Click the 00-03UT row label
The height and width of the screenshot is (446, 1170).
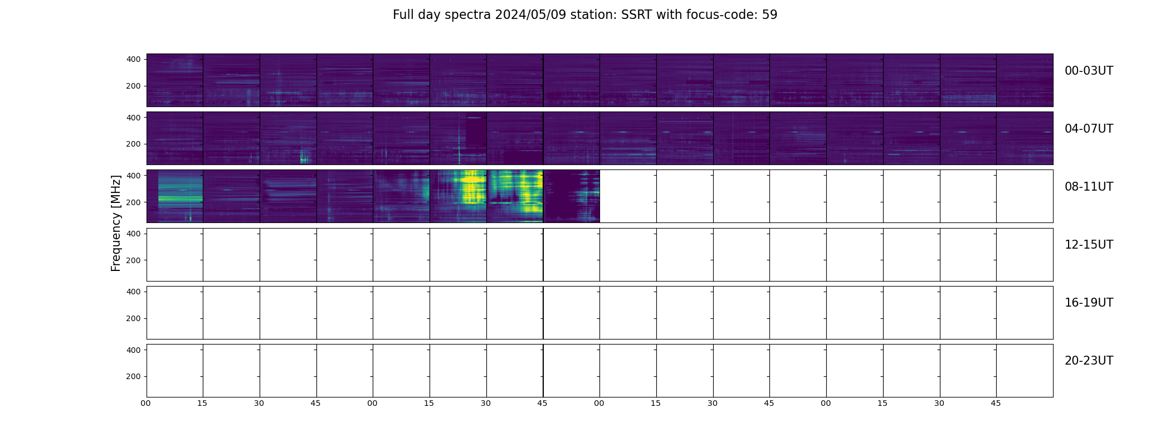[x=1089, y=71]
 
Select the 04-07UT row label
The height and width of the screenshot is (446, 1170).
[x=1089, y=129]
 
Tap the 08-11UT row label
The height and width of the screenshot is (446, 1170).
[x=1089, y=187]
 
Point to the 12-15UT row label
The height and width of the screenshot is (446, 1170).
[x=1089, y=245]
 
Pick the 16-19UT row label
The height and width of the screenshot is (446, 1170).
[x=1089, y=303]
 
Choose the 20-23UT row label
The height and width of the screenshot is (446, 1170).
[x=1089, y=361]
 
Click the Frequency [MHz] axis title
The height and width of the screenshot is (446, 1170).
[x=116, y=223]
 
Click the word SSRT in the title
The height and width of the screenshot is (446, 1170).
[x=637, y=15]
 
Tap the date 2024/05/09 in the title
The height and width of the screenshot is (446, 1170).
[x=530, y=15]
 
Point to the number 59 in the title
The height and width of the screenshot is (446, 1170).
[x=769, y=15]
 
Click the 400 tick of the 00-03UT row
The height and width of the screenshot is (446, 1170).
[x=134, y=59]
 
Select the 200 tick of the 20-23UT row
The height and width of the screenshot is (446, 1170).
[x=134, y=376]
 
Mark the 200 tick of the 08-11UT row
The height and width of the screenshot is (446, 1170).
[x=134, y=202]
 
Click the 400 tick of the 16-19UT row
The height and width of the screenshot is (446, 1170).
[x=134, y=292]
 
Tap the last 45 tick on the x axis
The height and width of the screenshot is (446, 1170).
[x=996, y=403]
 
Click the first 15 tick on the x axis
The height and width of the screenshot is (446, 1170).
[x=202, y=403]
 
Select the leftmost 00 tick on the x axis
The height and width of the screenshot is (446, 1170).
[x=145, y=403]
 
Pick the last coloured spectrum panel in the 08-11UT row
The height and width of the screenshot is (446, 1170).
[x=571, y=196]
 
